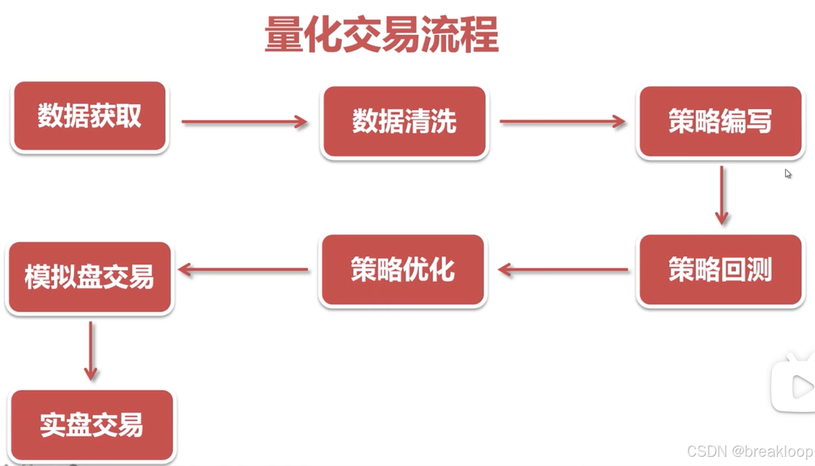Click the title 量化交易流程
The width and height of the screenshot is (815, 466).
pos(381,35)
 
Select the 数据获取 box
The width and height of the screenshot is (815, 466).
pos(90,117)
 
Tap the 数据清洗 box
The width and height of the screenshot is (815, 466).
pos(404,122)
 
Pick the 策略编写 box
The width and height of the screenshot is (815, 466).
pos(720,122)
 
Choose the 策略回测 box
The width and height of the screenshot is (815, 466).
pos(720,270)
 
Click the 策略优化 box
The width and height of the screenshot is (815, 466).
pos(403,270)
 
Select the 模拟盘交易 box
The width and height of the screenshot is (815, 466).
pos(90,277)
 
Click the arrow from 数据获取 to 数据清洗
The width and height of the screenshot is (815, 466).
pos(245,121)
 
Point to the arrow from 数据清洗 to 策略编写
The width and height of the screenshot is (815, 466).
pos(562,121)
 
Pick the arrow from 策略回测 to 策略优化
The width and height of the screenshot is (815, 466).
pos(563,269)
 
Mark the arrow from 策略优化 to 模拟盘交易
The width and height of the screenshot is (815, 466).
pos(243,269)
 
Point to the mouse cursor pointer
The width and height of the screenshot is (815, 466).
pos(788,173)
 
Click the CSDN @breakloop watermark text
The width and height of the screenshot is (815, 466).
pos(749,452)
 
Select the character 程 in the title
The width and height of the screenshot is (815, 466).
pos(479,35)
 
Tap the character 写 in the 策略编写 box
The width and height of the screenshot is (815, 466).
pos(759,122)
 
